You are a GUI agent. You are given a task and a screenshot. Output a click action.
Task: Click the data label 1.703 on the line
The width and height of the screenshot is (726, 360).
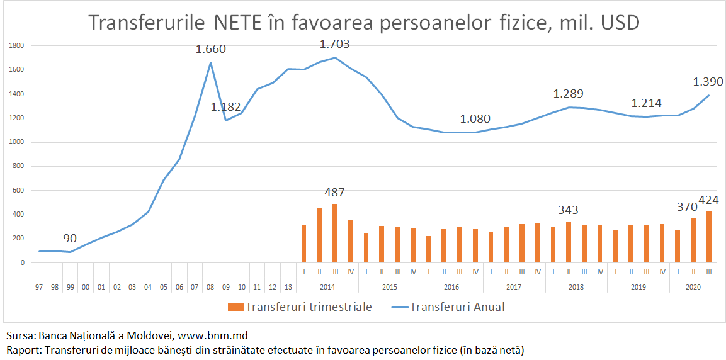[x=334, y=44]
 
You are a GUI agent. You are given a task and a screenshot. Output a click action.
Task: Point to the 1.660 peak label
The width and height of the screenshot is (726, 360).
[x=210, y=49]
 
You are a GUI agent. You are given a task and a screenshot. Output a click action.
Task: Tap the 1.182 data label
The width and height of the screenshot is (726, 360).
[x=225, y=107]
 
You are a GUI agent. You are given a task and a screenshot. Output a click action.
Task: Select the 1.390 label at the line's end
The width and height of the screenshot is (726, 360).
[x=708, y=82]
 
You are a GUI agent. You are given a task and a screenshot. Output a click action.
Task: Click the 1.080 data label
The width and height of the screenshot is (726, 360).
[x=475, y=119]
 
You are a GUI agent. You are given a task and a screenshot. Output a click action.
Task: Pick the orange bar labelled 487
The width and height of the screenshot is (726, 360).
[x=334, y=233]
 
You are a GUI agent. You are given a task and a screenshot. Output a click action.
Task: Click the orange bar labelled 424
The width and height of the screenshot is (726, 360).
[x=708, y=237]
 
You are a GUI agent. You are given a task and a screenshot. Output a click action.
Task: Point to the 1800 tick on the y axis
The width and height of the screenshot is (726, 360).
[x=17, y=46]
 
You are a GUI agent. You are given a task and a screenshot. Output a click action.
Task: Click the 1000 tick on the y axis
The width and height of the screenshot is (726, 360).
[x=17, y=143]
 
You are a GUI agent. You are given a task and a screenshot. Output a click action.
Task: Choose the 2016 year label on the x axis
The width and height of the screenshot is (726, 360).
[x=451, y=286]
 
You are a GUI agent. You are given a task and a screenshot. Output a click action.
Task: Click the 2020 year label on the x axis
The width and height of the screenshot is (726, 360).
[x=693, y=286]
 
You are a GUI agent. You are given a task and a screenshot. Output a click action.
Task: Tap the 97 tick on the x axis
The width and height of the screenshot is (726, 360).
[x=39, y=286]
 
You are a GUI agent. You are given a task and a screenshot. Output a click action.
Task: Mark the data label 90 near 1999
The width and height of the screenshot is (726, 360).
[x=69, y=239]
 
